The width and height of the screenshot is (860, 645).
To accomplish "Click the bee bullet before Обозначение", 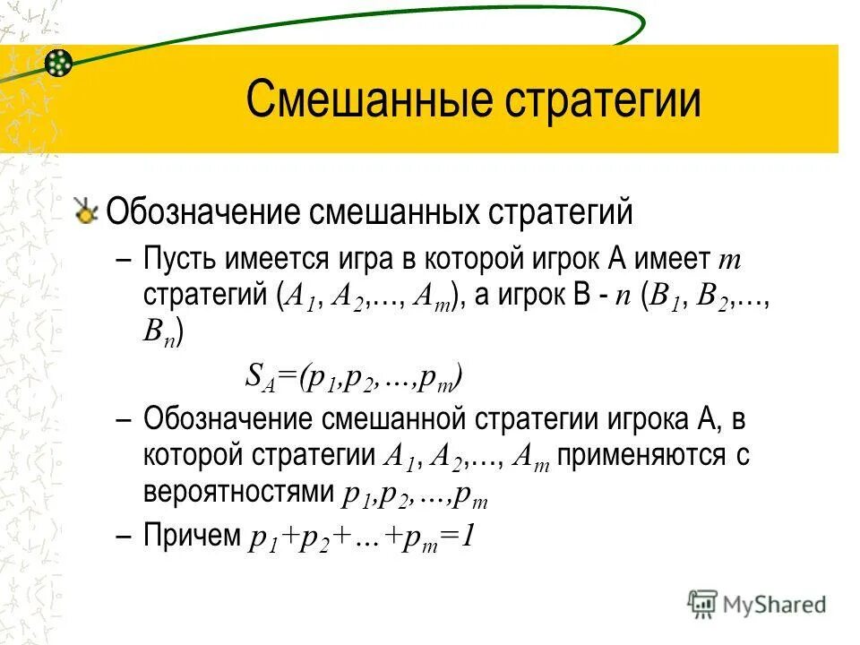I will click(x=87, y=213).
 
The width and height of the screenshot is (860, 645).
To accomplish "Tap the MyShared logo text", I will click(x=774, y=605).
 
